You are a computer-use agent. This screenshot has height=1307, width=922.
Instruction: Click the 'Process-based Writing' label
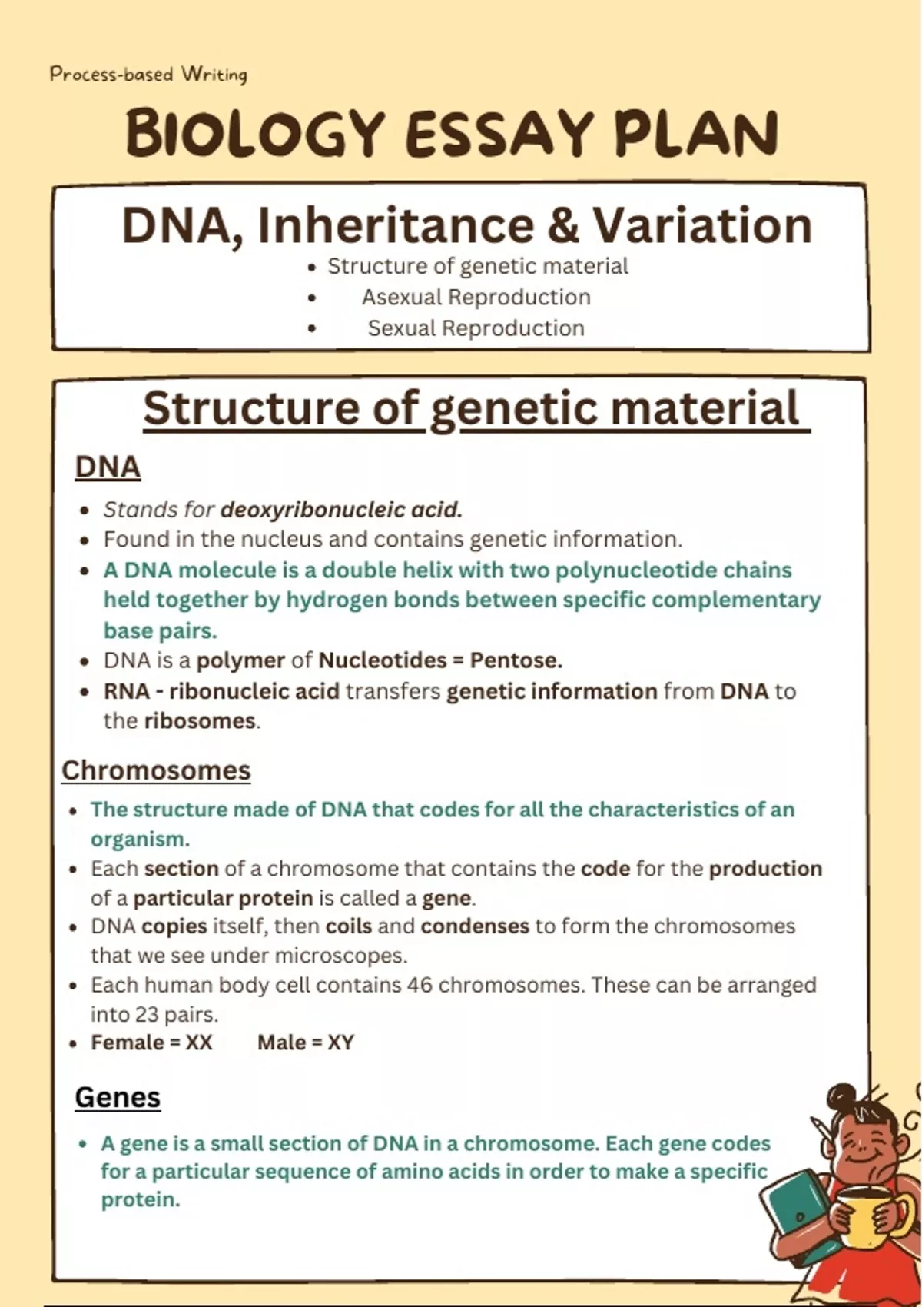coord(149,75)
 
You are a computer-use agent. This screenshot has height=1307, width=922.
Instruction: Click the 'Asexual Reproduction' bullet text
coord(476,297)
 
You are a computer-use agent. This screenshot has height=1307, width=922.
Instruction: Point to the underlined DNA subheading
coord(108,467)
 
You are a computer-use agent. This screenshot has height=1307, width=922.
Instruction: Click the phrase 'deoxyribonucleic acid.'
coord(342,510)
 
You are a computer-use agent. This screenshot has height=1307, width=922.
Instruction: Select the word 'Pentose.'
coord(516,660)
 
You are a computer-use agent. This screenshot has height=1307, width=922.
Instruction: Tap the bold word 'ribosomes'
coord(200,721)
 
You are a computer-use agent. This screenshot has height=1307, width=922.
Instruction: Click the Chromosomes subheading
coord(156,770)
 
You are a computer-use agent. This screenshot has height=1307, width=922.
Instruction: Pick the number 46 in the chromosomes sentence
coord(420,985)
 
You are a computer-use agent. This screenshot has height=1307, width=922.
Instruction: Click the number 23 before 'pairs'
coord(147,1015)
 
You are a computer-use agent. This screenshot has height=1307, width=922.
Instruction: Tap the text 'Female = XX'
coord(151,1043)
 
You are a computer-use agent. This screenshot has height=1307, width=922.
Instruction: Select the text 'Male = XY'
coord(306,1043)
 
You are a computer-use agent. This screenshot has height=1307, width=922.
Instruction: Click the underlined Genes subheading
coord(118,1098)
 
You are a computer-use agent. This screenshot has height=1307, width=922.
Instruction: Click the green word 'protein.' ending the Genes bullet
coord(141,1200)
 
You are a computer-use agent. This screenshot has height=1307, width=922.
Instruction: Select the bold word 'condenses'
coord(475,926)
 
